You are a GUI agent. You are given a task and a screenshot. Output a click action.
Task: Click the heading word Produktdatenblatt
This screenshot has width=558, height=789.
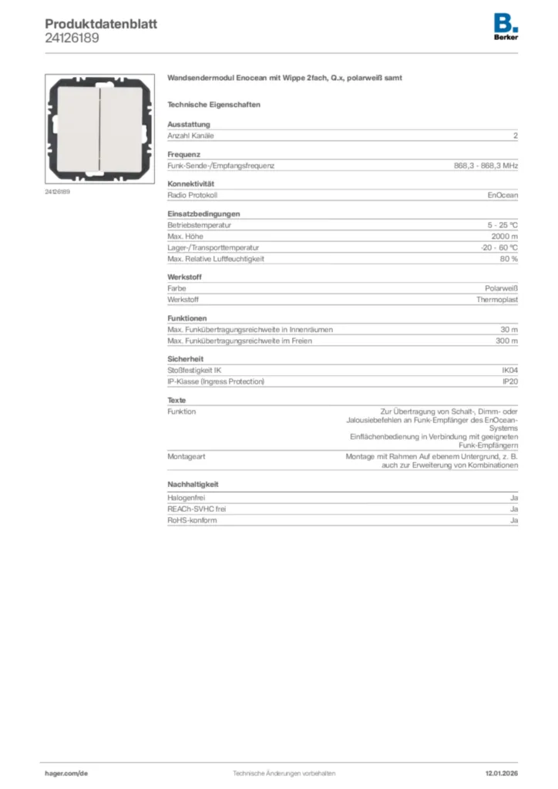(101, 24)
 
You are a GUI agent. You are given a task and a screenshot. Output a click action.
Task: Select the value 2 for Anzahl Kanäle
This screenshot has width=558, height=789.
(516, 136)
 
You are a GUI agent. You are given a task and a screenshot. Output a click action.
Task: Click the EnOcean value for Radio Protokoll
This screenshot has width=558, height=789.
(503, 195)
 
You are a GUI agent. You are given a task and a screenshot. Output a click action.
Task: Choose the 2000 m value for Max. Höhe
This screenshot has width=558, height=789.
(505, 236)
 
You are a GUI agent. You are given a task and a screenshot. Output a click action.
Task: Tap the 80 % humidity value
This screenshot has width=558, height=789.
(509, 259)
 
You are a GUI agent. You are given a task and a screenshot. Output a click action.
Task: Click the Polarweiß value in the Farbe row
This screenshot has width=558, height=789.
(500, 288)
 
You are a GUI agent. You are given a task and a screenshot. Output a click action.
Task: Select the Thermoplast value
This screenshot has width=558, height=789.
(497, 299)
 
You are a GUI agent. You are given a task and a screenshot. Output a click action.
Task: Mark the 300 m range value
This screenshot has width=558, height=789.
(506, 341)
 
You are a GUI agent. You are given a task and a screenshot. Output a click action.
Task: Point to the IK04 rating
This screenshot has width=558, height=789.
(509, 371)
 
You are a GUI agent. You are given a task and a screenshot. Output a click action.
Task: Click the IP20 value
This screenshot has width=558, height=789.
(510, 381)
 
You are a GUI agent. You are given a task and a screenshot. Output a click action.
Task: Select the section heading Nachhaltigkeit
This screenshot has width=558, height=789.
(193, 484)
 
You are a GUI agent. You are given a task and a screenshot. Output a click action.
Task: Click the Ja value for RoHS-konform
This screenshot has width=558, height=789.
(514, 520)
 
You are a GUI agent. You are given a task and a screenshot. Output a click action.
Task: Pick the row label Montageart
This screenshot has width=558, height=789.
(187, 456)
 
